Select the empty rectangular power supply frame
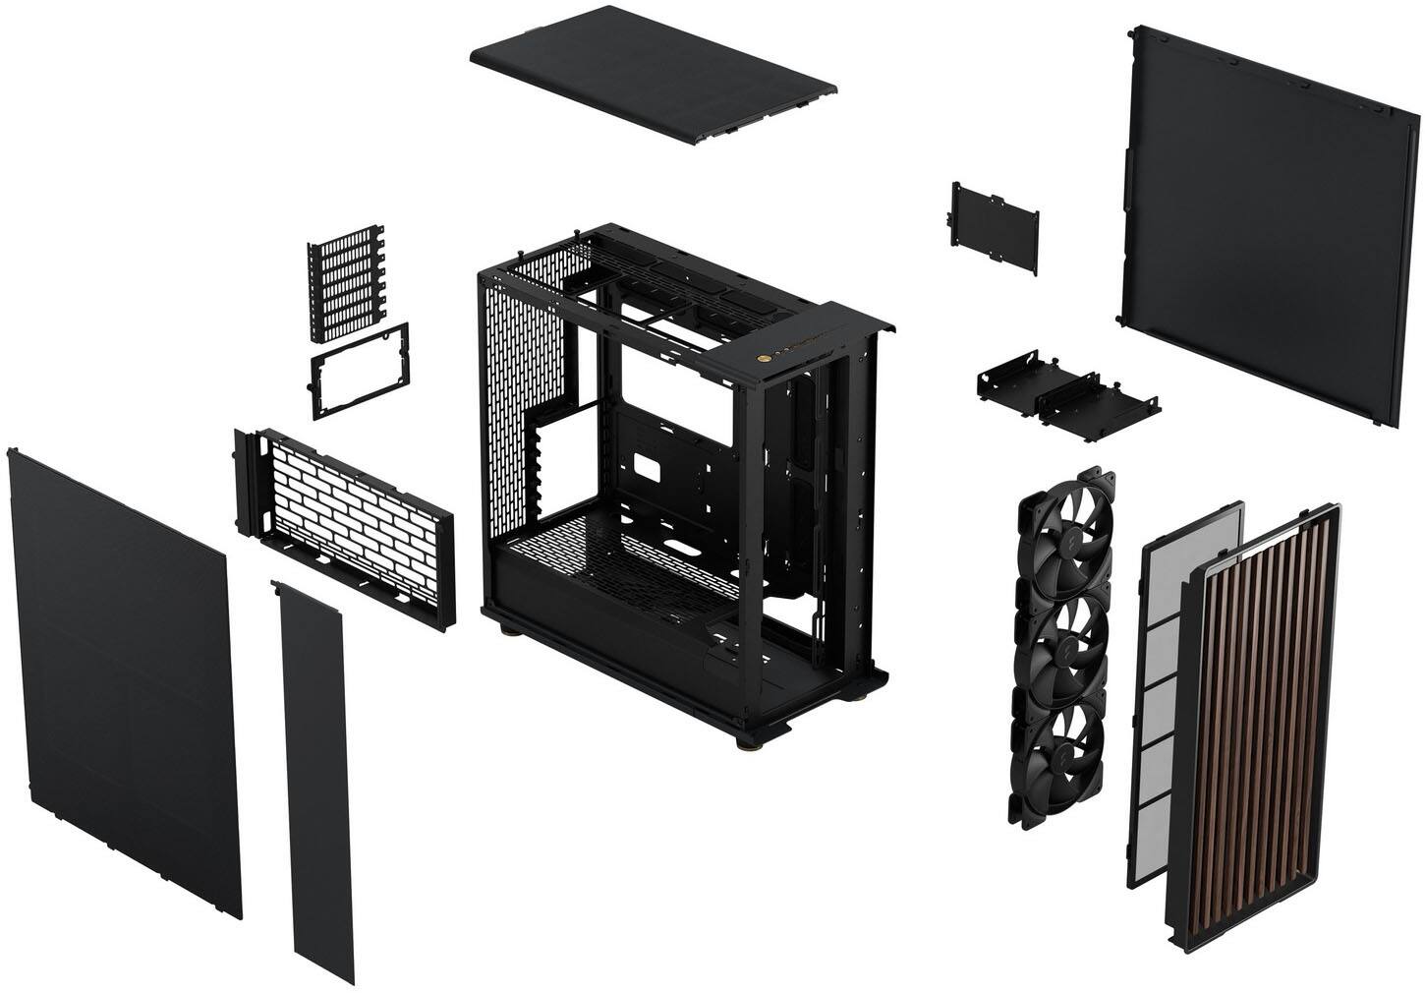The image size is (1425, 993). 360,371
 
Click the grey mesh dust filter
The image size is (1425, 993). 1179,688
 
